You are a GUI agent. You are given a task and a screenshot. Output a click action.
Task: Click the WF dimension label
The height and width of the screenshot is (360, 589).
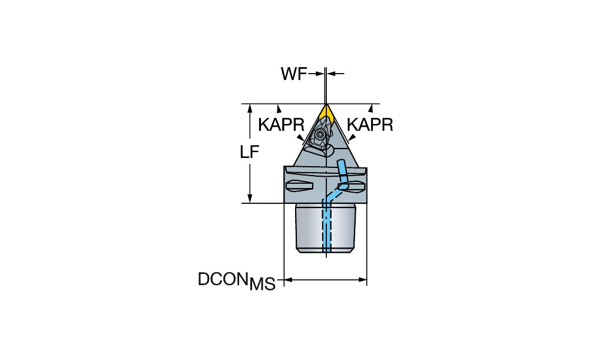294,74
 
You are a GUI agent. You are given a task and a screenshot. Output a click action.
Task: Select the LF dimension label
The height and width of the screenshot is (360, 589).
250,152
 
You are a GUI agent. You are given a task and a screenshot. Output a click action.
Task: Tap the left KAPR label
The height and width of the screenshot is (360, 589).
282,124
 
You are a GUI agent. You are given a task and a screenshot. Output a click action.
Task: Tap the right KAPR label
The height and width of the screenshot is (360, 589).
370,124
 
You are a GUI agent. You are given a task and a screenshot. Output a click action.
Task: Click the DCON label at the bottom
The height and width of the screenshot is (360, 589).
223,279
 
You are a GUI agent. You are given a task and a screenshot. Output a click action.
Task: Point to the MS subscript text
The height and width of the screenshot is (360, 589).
263,284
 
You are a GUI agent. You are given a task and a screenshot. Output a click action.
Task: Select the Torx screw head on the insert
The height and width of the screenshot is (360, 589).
320,134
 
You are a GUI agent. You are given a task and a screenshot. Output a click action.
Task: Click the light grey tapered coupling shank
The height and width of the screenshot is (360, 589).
325,227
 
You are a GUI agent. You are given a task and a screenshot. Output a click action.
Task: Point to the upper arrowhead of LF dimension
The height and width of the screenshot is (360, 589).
250,108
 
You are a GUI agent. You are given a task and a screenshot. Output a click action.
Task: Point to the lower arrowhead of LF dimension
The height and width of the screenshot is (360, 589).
250,199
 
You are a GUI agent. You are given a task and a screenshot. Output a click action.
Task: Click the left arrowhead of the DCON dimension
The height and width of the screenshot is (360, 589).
288,280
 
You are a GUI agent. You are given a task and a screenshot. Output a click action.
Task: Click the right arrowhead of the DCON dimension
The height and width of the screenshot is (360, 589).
362,280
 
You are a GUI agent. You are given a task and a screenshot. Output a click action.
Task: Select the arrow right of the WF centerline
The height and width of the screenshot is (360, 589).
336,74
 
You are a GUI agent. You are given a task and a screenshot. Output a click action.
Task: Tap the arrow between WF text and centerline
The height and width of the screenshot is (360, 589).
316,74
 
